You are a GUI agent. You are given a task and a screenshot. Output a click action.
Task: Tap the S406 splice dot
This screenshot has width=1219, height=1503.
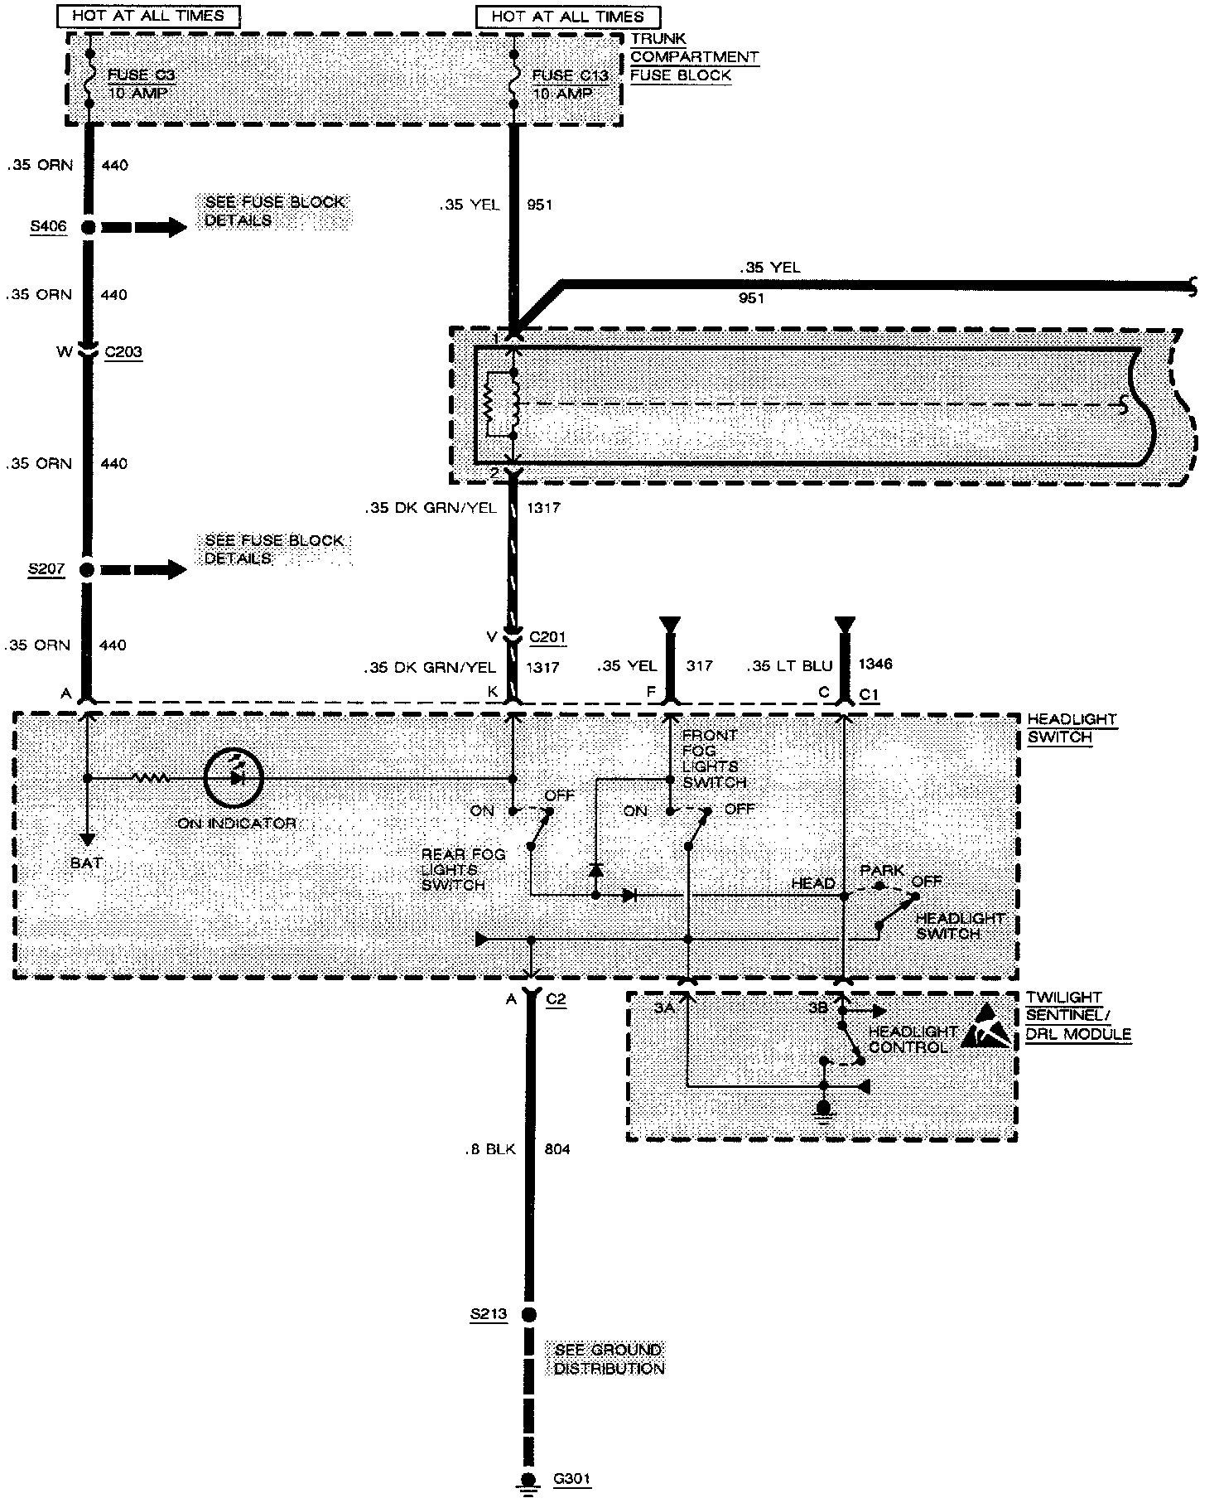[87, 227]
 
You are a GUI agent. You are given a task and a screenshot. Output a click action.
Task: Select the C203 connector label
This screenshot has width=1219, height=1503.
[123, 351]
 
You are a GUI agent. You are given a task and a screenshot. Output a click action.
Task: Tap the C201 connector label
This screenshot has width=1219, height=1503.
[547, 637]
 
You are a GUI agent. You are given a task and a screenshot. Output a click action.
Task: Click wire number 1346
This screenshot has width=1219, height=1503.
[875, 664]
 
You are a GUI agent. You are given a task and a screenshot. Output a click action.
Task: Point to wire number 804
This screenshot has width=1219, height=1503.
[556, 1149]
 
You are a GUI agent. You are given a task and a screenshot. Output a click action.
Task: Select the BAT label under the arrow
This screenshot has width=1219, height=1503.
[86, 863]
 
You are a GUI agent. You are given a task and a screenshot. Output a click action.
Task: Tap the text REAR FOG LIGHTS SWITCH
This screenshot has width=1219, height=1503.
[463, 869]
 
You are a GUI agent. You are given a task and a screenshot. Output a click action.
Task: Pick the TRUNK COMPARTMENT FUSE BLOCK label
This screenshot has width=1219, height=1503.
[694, 57]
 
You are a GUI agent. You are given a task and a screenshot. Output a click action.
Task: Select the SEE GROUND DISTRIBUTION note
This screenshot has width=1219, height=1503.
[609, 1359]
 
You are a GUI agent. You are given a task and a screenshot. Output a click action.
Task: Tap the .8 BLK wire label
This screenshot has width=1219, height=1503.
[489, 1149]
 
